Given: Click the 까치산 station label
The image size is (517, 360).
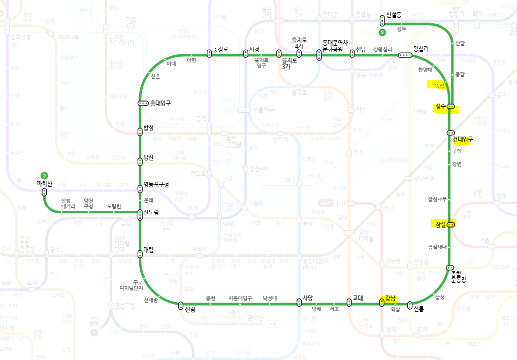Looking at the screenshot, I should point(45,183).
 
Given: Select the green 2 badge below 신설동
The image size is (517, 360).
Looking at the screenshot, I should point(382,32).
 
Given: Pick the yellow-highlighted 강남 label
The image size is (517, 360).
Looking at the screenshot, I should point(391,298).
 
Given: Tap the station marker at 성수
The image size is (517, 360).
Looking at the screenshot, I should point(450,107).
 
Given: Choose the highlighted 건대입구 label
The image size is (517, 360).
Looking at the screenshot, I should point(463,139).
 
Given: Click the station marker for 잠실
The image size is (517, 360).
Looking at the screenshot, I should point(451,224).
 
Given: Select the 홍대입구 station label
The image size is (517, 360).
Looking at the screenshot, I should point(160,103).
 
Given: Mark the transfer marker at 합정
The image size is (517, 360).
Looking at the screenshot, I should point(140,132).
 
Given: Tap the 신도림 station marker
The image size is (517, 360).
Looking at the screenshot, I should point(140,215).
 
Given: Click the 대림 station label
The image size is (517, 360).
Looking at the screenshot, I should point(149,249).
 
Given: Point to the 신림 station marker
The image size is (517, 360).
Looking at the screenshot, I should point(181,305).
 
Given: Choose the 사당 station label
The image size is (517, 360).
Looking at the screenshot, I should point(308,298).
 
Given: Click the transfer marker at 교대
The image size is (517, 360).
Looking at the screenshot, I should point(349,303).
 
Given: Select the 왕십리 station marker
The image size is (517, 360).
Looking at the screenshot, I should point(405,55).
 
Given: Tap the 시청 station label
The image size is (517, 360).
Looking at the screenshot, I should point(254,49).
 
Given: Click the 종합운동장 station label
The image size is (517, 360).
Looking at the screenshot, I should point(458,277).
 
